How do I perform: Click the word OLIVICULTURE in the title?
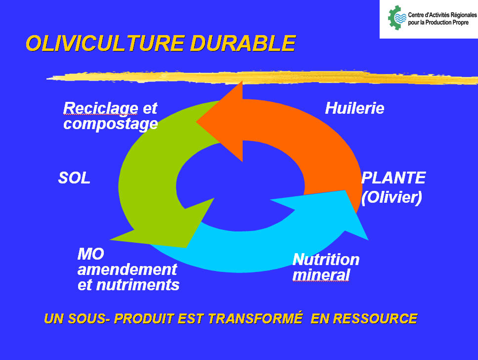pyautogui.click(x=105, y=44)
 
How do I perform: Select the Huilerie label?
pyautogui.click(x=354, y=108)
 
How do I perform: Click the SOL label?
pyautogui.click(x=74, y=178)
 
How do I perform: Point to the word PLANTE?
pyautogui.click(x=393, y=178)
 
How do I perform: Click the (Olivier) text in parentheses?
pyautogui.click(x=391, y=197)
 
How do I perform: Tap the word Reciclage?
pyautogui.click(x=101, y=109)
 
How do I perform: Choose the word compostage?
pyautogui.click(x=110, y=124)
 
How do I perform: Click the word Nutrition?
pyautogui.click(x=326, y=260)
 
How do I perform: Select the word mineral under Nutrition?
pyautogui.click(x=321, y=274)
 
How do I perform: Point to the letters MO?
pyautogui.click(x=91, y=254)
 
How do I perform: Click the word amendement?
pyautogui.click(x=127, y=270)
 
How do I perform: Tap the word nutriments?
pyautogui.click(x=138, y=285)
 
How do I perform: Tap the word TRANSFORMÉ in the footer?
pyautogui.click(x=256, y=318)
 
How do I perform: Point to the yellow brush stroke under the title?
pyautogui.click(x=262, y=78)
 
